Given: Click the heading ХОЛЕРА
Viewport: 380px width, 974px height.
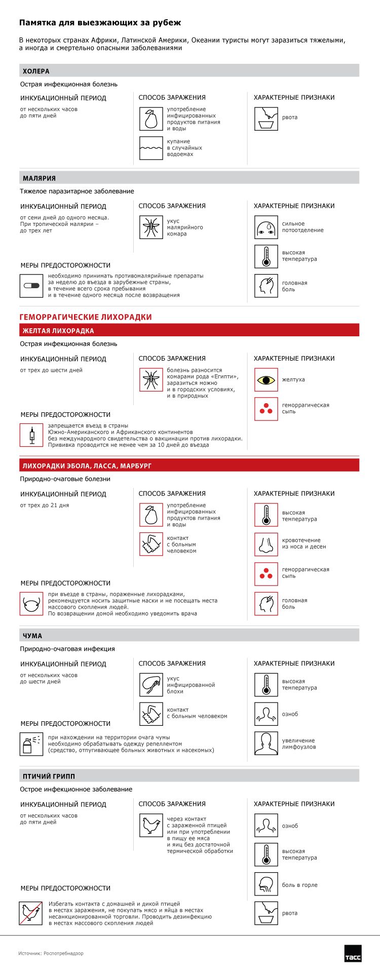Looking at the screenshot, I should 36,71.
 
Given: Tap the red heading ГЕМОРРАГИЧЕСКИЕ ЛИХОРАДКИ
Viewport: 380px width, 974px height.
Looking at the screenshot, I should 86,317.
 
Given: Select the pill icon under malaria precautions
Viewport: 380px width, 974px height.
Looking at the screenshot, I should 31,286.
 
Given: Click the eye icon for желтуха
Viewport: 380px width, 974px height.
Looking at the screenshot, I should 266,380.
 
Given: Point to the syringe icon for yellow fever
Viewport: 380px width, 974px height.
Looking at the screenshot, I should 31,435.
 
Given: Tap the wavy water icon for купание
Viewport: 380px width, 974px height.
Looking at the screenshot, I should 151,148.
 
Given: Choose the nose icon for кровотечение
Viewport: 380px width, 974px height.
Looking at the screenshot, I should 266,544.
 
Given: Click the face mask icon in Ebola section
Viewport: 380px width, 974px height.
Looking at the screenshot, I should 31,604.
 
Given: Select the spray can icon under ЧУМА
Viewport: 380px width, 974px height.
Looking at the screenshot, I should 31,744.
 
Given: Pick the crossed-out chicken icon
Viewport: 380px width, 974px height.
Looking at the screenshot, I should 31,913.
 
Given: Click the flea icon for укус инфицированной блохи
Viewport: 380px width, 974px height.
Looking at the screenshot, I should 151,685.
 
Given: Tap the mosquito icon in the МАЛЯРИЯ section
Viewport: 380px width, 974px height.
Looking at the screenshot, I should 151,227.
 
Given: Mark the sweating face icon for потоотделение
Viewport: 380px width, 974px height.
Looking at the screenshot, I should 266,227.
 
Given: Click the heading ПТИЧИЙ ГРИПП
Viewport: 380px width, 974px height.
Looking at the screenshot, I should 49,776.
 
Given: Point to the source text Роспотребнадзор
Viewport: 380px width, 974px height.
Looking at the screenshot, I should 51,953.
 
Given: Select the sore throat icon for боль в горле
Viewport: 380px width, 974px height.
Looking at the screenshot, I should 266,885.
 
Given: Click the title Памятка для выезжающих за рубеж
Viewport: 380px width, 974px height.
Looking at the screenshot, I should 100,23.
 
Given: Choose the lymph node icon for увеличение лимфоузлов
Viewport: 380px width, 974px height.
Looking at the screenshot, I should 266,744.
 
